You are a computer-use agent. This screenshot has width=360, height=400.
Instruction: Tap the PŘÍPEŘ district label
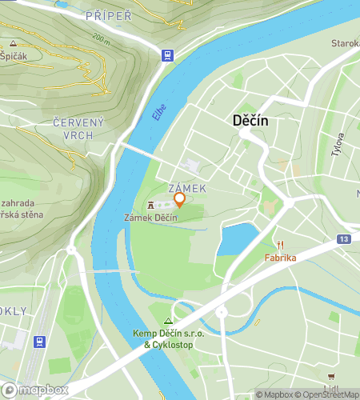click(108, 14)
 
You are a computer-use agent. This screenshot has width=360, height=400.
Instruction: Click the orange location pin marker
click(180, 200)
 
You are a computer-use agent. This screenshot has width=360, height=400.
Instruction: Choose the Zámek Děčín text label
click(150, 218)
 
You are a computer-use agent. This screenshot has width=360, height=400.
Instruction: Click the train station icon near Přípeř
click(166, 55)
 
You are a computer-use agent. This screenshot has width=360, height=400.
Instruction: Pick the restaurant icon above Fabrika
click(281, 246)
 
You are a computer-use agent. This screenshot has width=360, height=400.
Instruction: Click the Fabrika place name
click(281, 258)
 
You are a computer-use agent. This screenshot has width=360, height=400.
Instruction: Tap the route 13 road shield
click(343, 239)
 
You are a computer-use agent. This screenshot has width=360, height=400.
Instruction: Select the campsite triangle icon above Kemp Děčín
click(168, 320)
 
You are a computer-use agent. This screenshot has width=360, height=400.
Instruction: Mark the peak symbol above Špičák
click(13, 43)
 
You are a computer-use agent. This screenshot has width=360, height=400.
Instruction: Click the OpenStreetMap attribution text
click(327, 394)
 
